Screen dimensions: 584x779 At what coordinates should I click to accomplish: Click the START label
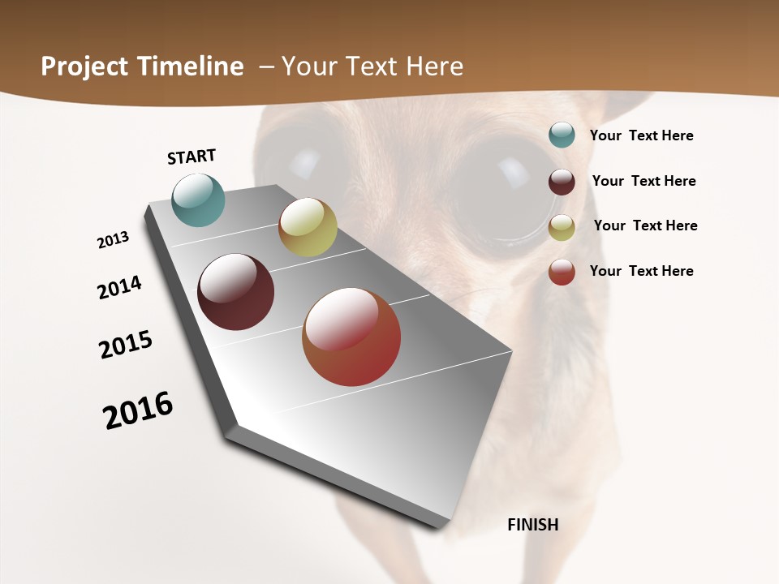(x=192, y=157)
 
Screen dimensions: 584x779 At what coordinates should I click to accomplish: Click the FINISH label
(x=532, y=525)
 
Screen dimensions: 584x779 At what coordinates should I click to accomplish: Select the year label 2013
(x=113, y=240)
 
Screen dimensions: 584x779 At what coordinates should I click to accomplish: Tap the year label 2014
(x=119, y=288)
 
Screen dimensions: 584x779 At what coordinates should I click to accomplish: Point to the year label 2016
(x=138, y=410)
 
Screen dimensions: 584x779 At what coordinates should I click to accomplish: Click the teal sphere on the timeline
(x=199, y=200)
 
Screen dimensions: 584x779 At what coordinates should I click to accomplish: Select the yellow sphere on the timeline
(x=308, y=227)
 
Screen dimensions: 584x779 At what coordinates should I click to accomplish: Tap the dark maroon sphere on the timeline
(x=235, y=292)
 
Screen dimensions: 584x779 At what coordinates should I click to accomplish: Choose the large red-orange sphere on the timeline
(x=351, y=337)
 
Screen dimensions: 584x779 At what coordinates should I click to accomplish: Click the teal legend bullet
(x=562, y=135)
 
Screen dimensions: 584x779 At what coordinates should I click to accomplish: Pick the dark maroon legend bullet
(x=562, y=182)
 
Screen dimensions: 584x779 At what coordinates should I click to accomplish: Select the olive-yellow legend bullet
(x=562, y=227)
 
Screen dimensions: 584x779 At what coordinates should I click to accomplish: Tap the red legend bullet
(x=562, y=272)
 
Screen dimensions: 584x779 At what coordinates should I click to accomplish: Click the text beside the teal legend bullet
(x=641, y=135)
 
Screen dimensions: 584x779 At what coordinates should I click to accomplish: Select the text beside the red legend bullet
(x=641, y=271)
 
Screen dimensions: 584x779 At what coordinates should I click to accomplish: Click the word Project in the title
(x=84, y=67)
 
